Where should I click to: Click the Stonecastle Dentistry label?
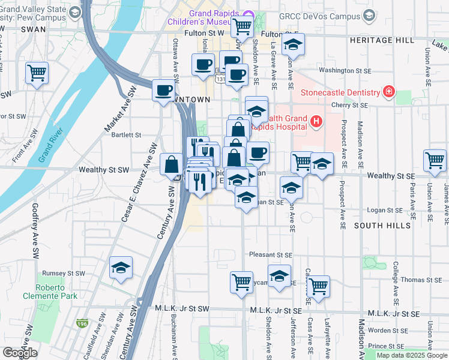340,92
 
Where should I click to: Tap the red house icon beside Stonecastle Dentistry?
390,92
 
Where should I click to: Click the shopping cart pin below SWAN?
37,74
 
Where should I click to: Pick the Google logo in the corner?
20,353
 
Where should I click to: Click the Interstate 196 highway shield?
82,323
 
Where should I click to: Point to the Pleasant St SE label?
271,254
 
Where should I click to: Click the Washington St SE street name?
343,70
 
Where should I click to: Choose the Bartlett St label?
126,135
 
